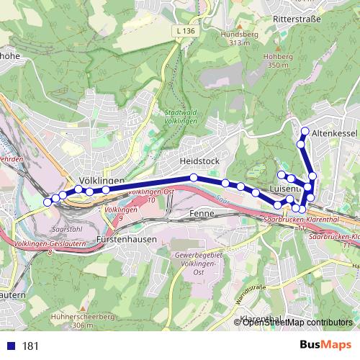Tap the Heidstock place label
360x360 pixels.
(199, 161)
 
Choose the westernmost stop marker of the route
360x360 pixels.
(48, 202)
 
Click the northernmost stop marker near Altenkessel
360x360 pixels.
(305, 131)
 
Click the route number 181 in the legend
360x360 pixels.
(30, 346)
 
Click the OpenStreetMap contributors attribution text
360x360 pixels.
(297, 323)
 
